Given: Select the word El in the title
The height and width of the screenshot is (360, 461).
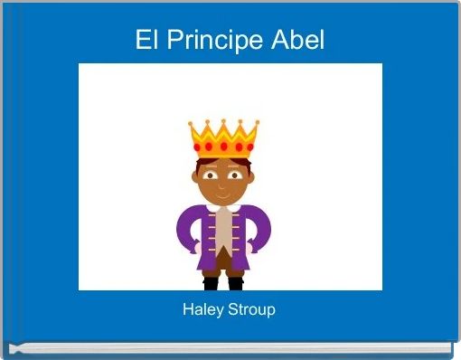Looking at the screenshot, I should [x=146, y=41].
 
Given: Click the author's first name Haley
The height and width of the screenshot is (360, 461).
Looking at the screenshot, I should [x=203, y=309].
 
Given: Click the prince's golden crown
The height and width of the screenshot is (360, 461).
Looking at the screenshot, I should [x=223, y=140].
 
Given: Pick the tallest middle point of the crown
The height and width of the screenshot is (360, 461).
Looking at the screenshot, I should [x=223, y=120].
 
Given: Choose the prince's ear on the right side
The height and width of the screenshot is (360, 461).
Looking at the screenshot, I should [x=253, y=175].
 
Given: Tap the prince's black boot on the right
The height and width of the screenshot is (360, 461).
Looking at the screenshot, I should [x=236, y=283].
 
